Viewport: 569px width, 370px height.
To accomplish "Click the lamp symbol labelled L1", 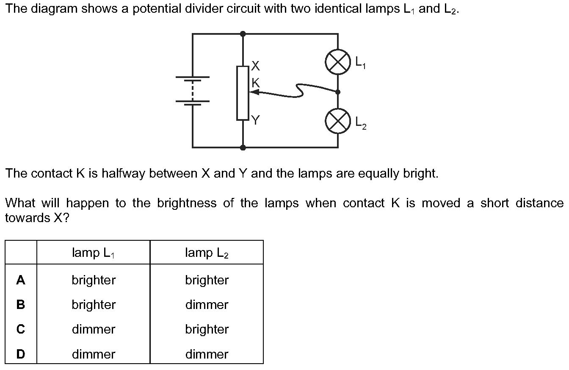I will click(x=338, y=63).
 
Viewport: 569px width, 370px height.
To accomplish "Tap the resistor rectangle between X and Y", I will click(x=243, y=93).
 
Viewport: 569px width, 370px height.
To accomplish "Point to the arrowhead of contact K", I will click(x=252, y=93).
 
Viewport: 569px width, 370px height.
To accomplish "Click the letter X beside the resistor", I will click(x=255, y=66).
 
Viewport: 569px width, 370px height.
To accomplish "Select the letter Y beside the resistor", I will click(x=255, y=120).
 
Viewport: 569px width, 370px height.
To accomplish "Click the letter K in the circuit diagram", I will click(x=256, y=83).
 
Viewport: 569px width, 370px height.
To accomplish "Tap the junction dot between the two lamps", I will click(x=338, y=92).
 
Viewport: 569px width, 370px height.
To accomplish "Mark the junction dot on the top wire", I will click(x=243, y=33).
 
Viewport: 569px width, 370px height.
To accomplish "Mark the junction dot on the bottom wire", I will click(x=243, y=147).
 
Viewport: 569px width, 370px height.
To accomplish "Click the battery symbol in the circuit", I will click(x=193, y=89).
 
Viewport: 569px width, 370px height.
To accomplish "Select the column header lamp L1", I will click(x=94, y=253).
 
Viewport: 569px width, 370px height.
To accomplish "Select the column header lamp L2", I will click(x=207, y=253).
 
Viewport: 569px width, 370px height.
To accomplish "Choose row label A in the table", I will click(x=21, y=280).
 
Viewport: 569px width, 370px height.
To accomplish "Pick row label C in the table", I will click(x=21, y=329).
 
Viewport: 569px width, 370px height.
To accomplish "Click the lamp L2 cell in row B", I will click(x=207, y=305).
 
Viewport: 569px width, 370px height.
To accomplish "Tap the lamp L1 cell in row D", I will click(x=94, y=354).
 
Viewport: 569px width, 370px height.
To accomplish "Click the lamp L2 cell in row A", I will click(x=207, y=280).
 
